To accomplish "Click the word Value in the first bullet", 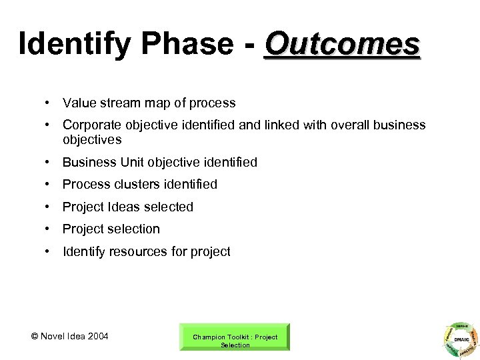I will pos(78,103).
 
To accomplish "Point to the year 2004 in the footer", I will pos(95,335).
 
